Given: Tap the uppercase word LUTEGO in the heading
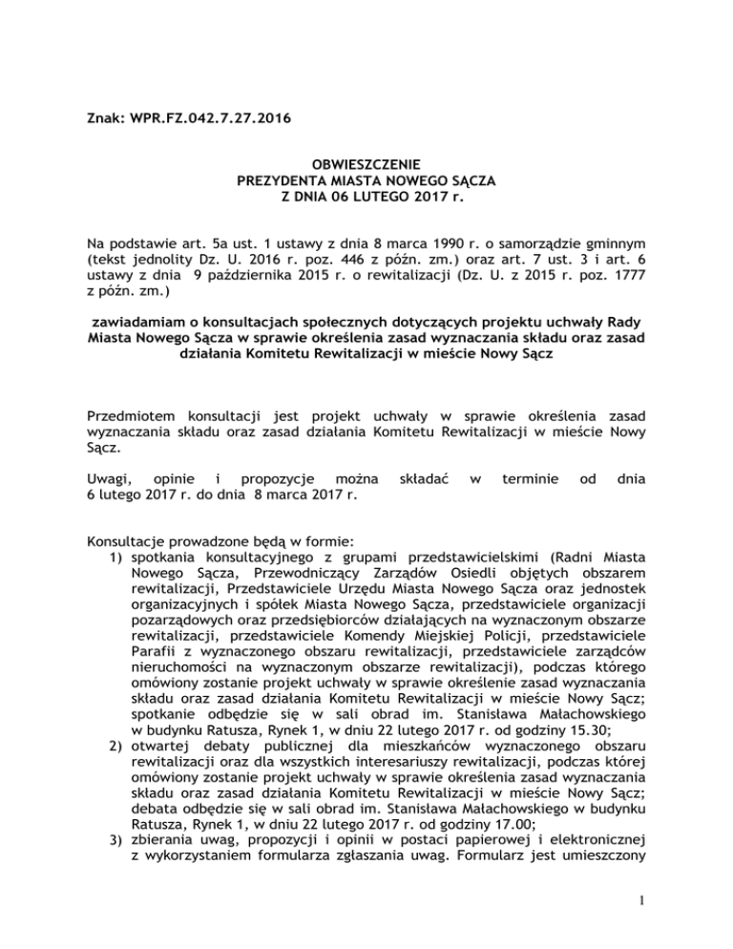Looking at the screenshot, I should pos(373,197).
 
